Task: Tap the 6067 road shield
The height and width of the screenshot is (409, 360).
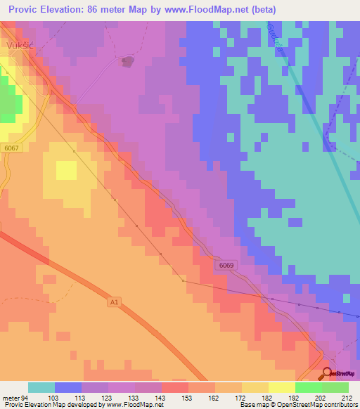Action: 11,148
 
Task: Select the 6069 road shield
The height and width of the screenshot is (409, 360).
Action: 225,265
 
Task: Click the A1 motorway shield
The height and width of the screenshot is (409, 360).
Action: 115,302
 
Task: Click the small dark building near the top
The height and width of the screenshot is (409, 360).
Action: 127,62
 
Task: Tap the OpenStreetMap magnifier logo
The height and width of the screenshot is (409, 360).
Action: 328,375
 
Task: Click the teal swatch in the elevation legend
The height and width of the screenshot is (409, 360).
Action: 41,387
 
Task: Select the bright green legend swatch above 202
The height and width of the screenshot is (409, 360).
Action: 309,387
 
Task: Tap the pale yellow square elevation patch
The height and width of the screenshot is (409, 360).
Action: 66,170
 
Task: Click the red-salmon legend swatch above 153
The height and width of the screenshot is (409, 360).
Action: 175,387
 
